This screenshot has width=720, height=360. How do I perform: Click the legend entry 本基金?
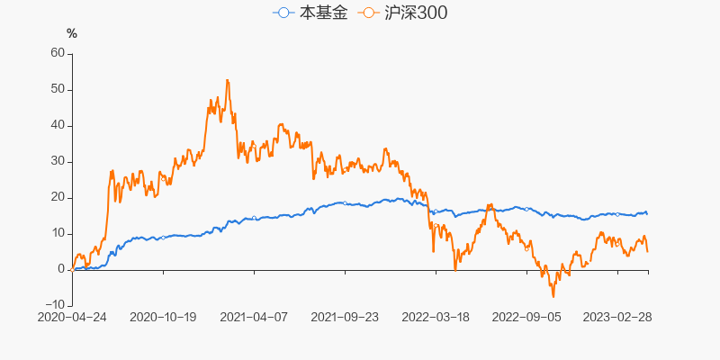coord(322,13)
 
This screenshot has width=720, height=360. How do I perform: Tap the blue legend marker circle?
coord(284,13)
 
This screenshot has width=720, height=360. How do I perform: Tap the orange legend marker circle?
coord(367,13)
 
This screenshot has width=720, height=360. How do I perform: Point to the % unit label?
coord(72,34)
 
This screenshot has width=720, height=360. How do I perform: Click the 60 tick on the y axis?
coord(58,53)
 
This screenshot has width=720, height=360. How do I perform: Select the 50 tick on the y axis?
coord(58,89)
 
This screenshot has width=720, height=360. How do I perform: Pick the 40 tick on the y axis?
coord(58,125)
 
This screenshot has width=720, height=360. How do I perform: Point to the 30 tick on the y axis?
coord(58,161)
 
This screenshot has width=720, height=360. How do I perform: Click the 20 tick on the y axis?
coord(58,197)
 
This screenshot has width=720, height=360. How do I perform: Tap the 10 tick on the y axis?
coord(58,233)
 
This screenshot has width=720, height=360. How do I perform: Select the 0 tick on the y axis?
coord(61,269)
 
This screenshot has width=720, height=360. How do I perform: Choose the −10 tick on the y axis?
coord(54,305)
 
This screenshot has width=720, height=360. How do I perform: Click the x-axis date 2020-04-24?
coord(72,317)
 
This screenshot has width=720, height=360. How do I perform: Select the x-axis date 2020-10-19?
coord(163,317)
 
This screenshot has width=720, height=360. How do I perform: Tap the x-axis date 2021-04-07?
coord(254,317)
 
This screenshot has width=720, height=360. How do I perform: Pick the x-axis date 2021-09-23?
coord(345,317)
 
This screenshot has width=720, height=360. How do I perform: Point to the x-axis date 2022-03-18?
coord(436,317)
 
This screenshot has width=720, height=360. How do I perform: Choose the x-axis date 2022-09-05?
coord(526,317)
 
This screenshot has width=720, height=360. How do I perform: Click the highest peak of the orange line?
coord(227,80)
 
